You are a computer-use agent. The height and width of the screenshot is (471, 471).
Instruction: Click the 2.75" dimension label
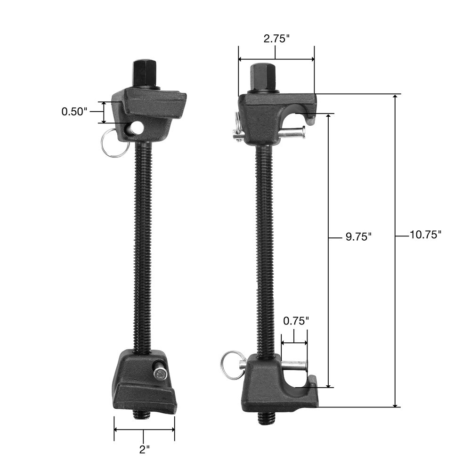276,39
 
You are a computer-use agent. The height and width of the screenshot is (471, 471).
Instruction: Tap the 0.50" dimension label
74,112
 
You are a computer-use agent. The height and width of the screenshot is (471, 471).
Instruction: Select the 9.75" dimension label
358,236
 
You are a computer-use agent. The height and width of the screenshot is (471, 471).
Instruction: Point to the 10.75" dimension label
425,234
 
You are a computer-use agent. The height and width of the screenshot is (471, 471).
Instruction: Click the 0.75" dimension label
296,321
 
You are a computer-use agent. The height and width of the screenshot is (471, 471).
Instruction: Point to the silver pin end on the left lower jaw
160,374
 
